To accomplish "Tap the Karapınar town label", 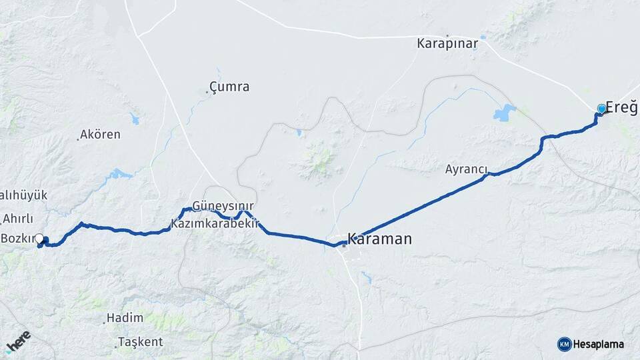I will coord(448,44).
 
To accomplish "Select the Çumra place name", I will coord(229,87).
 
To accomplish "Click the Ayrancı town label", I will coord(467,169).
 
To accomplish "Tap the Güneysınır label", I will coord(223,205).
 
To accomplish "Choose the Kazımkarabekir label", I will coord(214,224).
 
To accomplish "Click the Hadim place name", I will coord(125,319).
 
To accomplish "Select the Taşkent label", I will coord(140,342).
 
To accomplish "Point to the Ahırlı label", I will coord(17,219).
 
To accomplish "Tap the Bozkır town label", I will coord(17,238).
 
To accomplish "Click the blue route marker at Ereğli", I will coord(602,109).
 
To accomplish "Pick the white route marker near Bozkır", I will coord(39,238).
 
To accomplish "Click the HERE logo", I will coord(18,341).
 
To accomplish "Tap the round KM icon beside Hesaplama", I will coord(564,344).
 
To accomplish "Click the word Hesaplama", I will coord(598,344).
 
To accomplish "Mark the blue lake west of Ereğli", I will coord(505,112).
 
